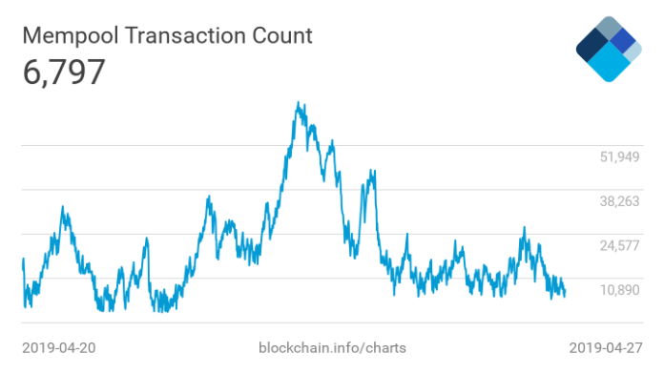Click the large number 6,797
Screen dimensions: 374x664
tap(63, 73)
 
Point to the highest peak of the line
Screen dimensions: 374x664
tap(300, 102)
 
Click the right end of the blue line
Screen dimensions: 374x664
tap(565, 294)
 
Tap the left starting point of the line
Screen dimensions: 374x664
tap(23, 260)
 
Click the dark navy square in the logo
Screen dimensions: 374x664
tap(593, 43)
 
